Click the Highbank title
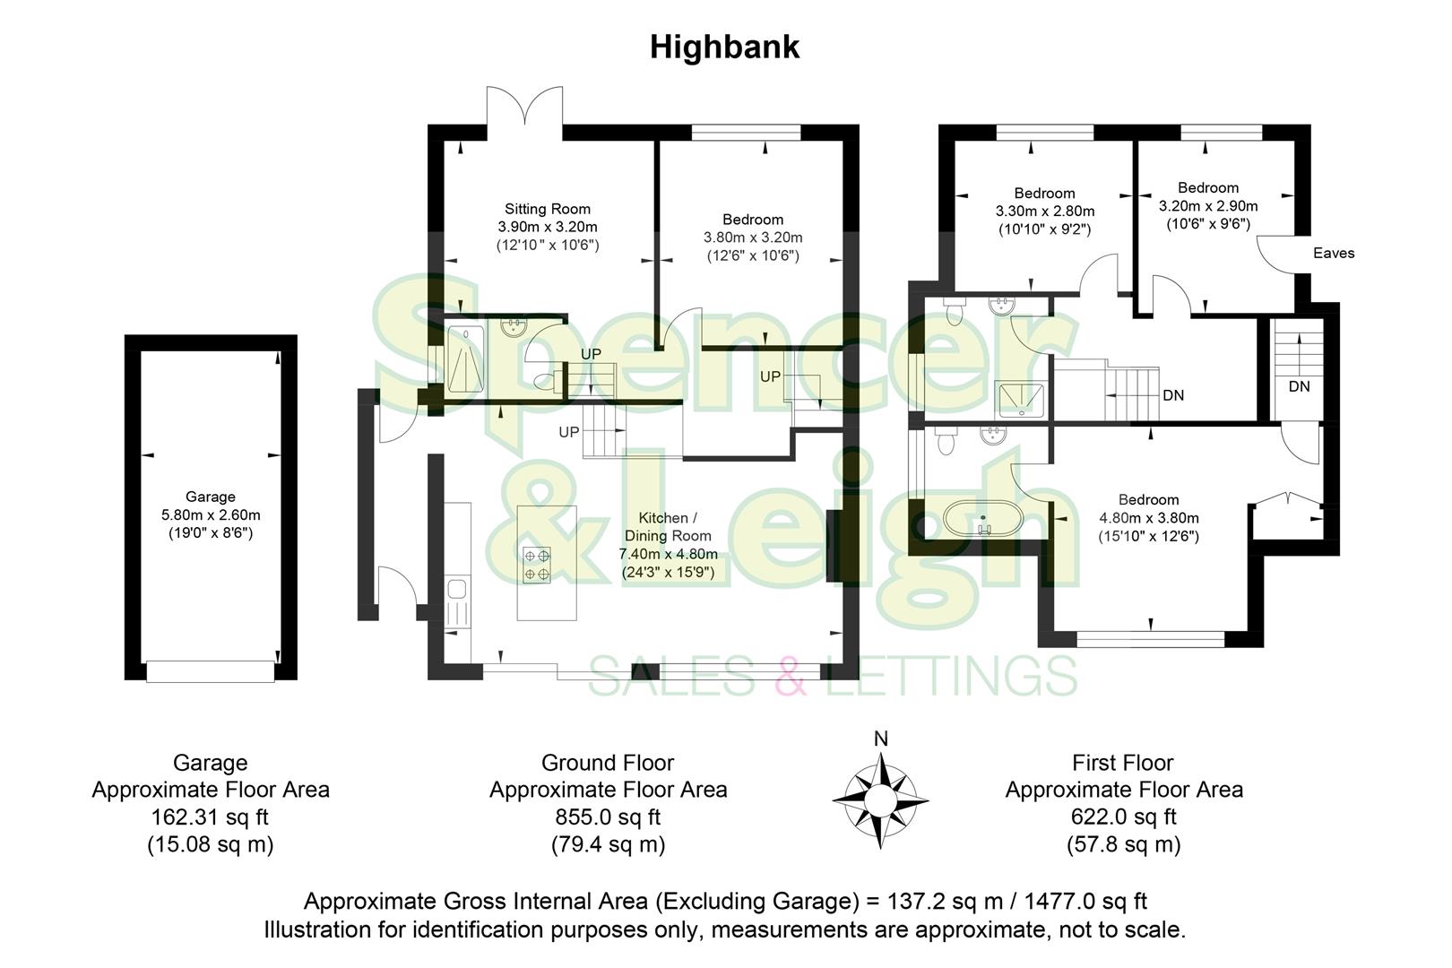(x=724, y=47)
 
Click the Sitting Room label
(x=547, y=209)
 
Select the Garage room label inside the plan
(x=211, y=497)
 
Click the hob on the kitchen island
(x=537, y=565)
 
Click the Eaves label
(x=1334, y=254)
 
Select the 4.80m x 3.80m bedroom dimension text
(x=1148, y=518)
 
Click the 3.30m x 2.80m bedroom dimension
(x=1044, y=212)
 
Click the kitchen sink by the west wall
(x=457, y=590)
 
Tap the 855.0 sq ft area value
(x=608, y=817)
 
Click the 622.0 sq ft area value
(x=1123, y=817)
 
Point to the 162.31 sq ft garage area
(x=210, y=817)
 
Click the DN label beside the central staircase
(x=1172, y=395)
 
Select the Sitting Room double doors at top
(x=525, y=112)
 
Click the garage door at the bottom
(x=210, y=671)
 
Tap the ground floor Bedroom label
(x=753, y=220)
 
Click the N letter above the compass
(x=880, y=739)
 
